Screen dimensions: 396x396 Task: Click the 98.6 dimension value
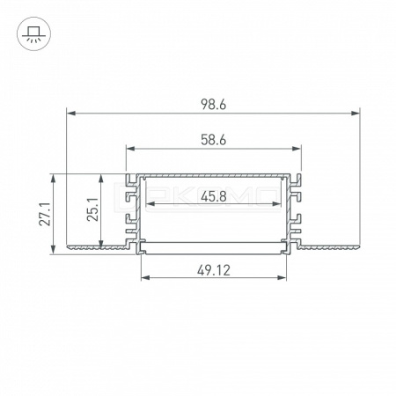214,105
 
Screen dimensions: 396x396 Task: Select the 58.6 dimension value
214,140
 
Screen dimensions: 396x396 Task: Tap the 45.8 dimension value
214,196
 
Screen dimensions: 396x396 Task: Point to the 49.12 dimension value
214,270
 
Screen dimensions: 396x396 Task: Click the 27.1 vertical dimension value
45,214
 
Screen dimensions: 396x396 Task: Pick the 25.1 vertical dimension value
92,209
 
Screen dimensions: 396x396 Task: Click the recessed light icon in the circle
33,33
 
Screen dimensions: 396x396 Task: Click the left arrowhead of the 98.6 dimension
71,113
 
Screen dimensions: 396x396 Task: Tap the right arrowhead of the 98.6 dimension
356,113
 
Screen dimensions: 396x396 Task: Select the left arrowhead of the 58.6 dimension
130,149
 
